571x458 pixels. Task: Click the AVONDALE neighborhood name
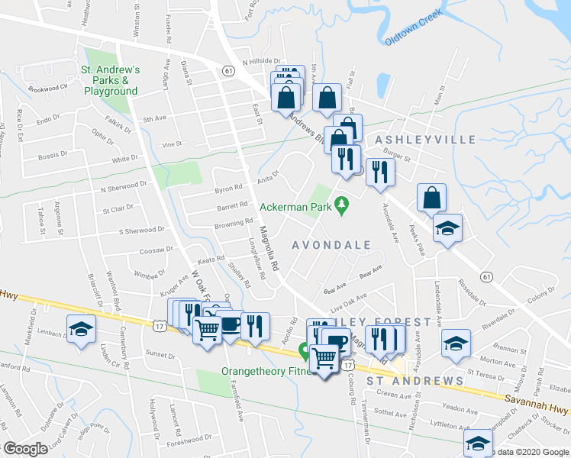[332, 245]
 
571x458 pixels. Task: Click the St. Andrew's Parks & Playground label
[110, 79]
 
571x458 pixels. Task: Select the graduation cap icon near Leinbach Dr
[80, 328]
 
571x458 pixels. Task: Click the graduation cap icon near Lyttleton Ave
[479, 443]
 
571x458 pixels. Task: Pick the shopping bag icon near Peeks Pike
[431, 198]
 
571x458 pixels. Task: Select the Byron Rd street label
[228, 188]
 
